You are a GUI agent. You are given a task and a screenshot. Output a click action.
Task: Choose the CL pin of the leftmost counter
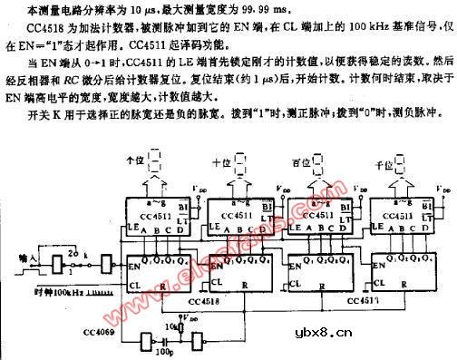133,284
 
